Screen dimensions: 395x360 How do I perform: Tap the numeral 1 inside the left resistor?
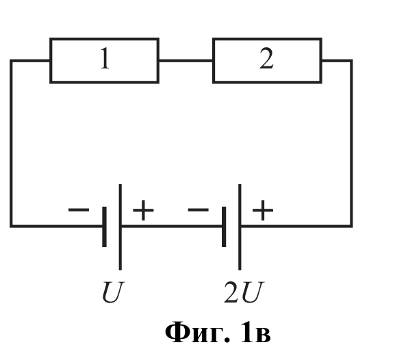(105, 58)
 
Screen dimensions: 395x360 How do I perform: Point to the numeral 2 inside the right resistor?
(266, 58)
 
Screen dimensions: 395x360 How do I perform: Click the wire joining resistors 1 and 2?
(186, 60)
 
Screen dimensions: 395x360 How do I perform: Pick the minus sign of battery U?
(79, 209)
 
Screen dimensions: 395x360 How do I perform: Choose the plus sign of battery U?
(143, 210)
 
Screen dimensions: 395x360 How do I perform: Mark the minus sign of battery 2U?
(199, 209)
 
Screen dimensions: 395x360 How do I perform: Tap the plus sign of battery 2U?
(263, 210)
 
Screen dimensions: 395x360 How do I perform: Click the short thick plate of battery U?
(104, 227)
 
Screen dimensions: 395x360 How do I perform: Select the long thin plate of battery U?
(120, 227)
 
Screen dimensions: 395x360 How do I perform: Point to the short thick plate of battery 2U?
(224, 227)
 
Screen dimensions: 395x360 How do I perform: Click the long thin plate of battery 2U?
(240, 227)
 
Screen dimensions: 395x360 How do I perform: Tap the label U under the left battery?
(113, 292)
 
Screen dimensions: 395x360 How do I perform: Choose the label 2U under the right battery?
(244, 292)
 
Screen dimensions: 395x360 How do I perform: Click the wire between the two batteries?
(172, 226)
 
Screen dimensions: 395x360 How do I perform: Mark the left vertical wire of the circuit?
(11, 143)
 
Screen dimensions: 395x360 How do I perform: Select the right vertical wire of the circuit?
(351, 143)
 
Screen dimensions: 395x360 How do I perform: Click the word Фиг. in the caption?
(198, 333)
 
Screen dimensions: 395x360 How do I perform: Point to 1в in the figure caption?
(256, 332)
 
